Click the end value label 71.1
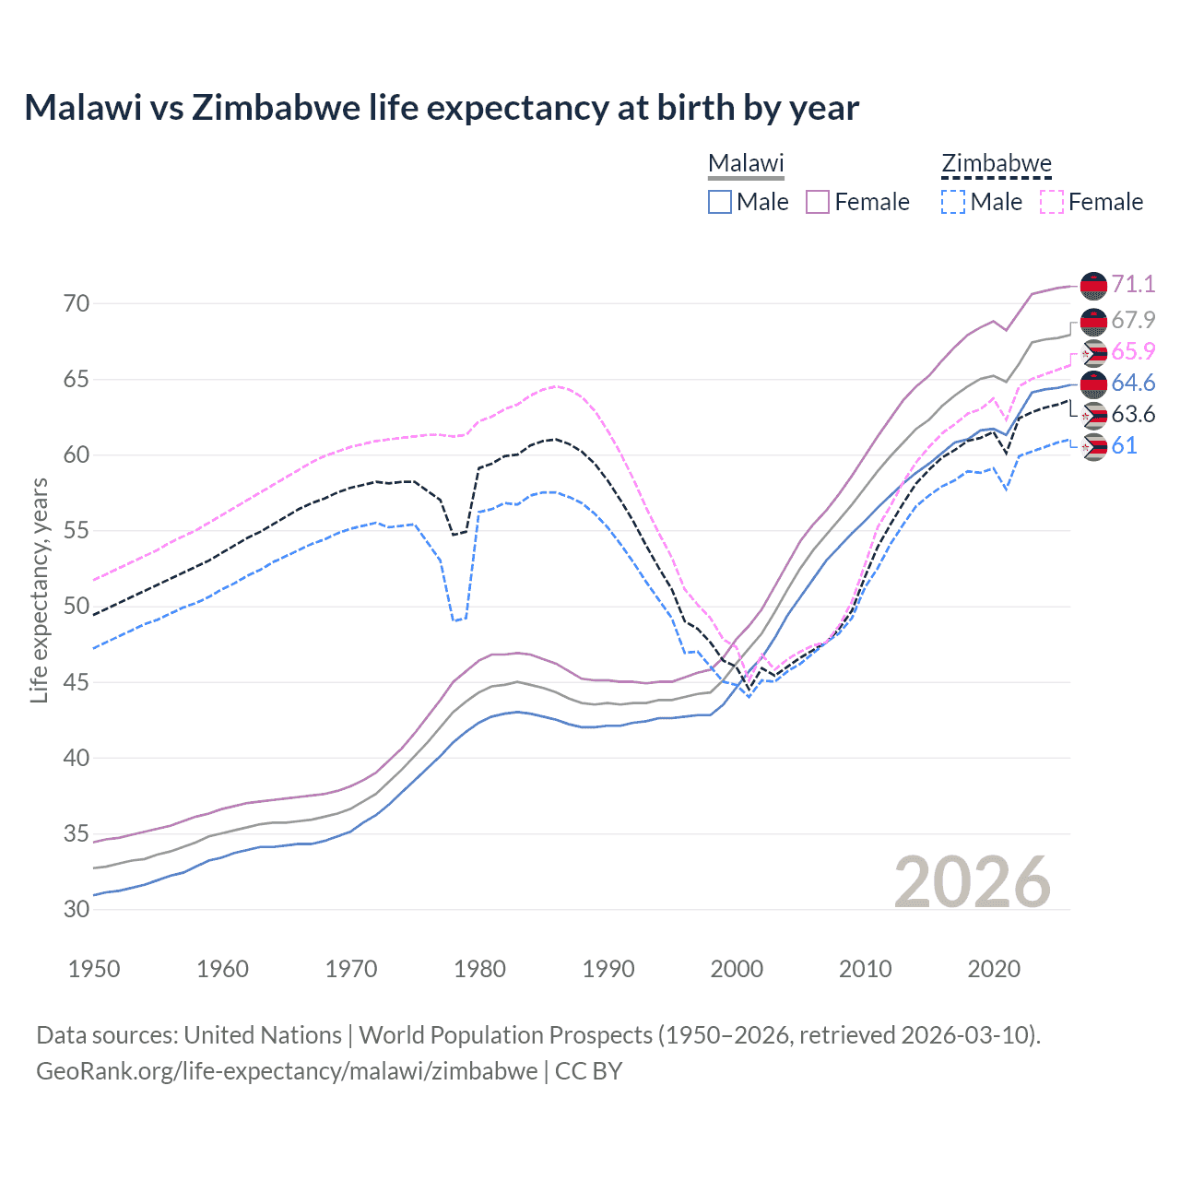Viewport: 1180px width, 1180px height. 1133,284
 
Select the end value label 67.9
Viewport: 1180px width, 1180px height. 1133,320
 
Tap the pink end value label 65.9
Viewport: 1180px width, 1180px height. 1133,351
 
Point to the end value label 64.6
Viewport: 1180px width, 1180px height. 1133,383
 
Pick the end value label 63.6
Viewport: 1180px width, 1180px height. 1133,414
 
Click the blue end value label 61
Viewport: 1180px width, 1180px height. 1124,445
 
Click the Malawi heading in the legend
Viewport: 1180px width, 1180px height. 745,163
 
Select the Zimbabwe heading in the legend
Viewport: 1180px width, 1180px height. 996,163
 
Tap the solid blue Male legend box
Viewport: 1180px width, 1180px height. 720,202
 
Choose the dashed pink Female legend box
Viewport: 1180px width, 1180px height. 1052,202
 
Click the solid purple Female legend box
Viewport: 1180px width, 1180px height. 818,202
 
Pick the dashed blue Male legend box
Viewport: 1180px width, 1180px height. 953,202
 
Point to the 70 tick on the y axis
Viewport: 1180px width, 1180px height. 77,303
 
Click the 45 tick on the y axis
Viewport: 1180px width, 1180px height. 77,682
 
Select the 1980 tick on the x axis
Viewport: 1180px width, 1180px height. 479,969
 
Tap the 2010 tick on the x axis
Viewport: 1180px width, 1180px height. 865,969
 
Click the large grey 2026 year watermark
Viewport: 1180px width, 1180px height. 973,882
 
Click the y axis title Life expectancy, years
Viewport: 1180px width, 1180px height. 39,590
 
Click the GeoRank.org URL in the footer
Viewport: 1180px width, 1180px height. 287,1071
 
